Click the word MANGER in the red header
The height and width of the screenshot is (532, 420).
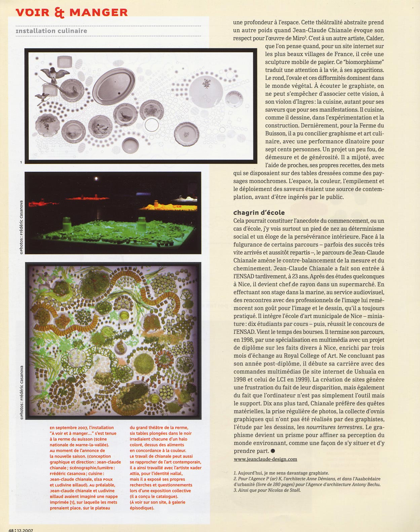coord(99,12)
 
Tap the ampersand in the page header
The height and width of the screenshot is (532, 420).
coord(59,12)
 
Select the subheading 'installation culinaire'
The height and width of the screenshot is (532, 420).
coord(51,31)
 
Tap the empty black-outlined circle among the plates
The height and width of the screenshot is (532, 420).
coord(152,125)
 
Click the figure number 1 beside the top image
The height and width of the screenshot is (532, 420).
coord(21,162)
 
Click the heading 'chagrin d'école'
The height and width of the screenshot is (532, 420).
coord(259,212)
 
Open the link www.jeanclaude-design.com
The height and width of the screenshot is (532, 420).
coord(265,459)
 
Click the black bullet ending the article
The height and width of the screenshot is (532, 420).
coord(273,451)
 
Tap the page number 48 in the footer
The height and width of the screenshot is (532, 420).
coord(11,530)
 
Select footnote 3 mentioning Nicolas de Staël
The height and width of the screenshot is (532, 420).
coord(267,490)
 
